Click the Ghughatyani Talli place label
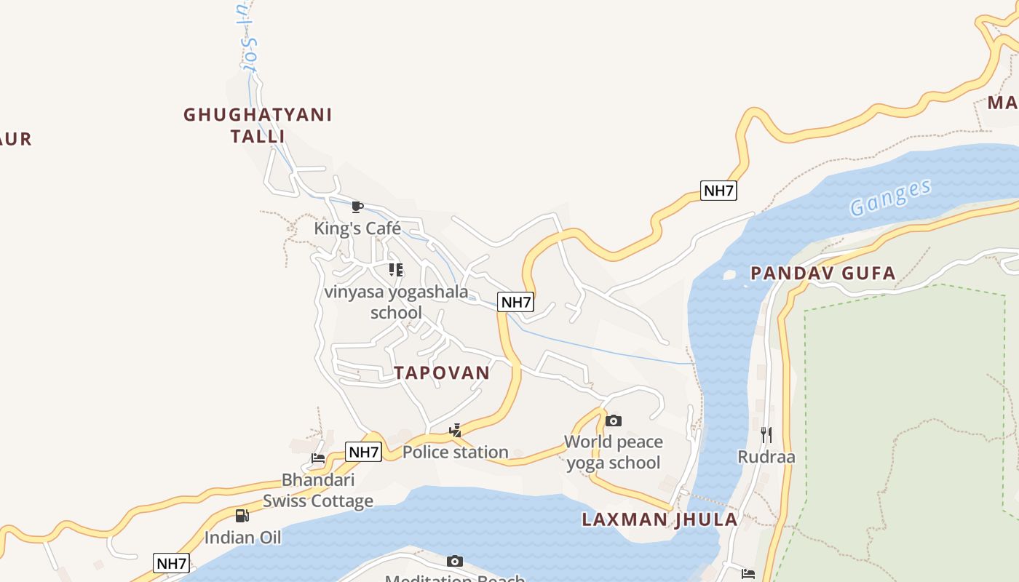click(x=258, y=125)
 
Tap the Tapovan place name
click(x=442, y=372)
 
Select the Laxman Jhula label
click(x=659, y=519)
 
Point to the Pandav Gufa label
click(x=822, y=274)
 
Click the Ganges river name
click(x=890, y=197)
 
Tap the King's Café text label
click(x=357, y=228)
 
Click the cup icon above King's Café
click(x=357, y=207)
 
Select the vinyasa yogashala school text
click(x=397, y=302)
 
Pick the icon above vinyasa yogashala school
click(x=396, y=270)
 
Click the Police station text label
click(x=455, y=452)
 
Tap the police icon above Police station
click(x=456, y=430)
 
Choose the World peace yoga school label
click(x=614, y=452)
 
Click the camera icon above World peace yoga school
click(x=614, y=420)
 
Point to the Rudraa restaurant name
click(x=766, y=457)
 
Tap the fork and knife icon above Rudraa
click(x=766, y=435)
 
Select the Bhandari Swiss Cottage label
click(x=318, y=490)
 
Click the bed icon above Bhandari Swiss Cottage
click(x=318, y=458)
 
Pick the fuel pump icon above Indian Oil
click(x=242, y=516)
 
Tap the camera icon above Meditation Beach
click(x=455, y=561)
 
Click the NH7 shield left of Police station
click(x=363, y=452)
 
